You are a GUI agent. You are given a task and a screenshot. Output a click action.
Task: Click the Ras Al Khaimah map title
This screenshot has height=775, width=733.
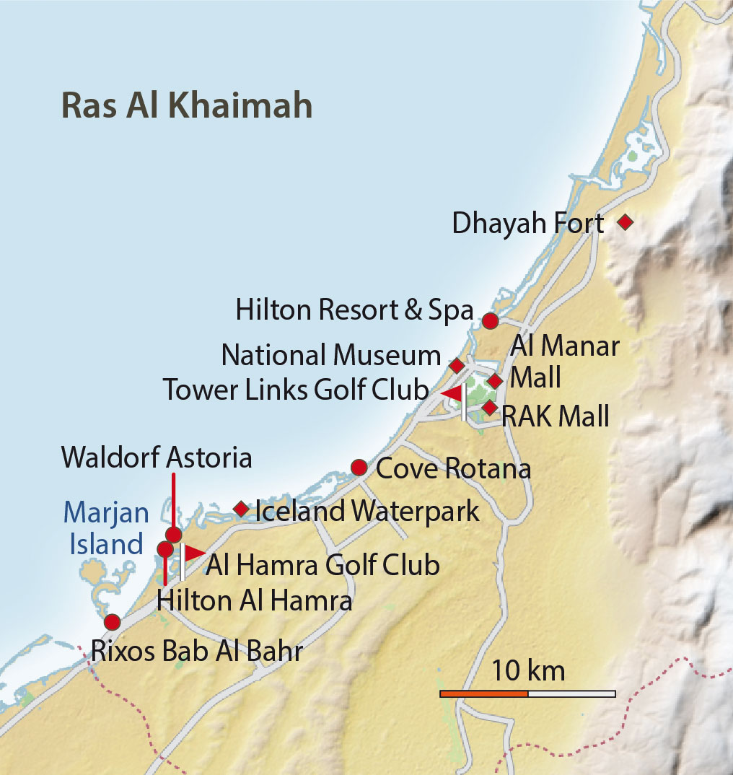point(187,105)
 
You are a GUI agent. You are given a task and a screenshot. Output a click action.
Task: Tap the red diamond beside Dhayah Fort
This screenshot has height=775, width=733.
point(626,222)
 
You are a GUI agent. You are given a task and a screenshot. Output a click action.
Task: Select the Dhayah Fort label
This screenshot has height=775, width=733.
point(527,224)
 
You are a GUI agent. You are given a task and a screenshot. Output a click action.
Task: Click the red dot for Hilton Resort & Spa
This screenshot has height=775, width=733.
point(490,320)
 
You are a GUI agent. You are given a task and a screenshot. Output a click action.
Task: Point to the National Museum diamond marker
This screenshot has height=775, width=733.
point(457,365)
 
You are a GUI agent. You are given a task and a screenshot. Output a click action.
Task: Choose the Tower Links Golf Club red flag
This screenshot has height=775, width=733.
point(452,393)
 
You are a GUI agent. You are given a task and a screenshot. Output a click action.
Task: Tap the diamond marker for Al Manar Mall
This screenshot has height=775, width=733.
point(494,381)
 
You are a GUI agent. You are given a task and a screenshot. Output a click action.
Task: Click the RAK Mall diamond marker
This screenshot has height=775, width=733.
point(490,408)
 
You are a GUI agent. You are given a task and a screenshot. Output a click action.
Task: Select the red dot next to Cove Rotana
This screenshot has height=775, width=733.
point(359,468)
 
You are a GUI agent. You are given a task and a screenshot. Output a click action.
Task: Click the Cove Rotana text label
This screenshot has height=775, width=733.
point(454,469)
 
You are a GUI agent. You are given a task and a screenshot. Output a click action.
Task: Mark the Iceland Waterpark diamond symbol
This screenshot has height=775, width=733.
point(242,509)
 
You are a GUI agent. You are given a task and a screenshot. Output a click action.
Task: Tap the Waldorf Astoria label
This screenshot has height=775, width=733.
point(157,457)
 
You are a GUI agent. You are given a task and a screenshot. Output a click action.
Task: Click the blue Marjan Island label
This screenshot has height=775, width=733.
point(106,528)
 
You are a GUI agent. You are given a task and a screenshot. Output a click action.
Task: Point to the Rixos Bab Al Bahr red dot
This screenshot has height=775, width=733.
point(112,622)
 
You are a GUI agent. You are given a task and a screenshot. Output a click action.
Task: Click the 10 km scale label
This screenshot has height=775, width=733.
point(528,671)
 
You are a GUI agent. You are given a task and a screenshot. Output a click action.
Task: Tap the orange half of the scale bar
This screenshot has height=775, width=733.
point(484,693)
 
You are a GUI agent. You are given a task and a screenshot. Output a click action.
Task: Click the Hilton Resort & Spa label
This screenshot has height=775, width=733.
point(354,311)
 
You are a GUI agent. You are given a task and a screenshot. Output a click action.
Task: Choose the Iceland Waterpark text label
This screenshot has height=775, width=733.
point(367,511)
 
